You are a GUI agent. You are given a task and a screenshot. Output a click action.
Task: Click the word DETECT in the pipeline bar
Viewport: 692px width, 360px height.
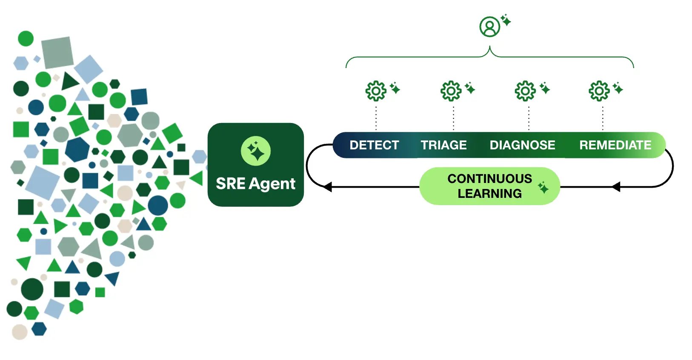374,145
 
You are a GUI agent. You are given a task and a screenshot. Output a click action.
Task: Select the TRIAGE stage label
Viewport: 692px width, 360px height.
443,145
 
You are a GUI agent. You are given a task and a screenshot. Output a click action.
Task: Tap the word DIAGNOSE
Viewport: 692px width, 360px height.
522,145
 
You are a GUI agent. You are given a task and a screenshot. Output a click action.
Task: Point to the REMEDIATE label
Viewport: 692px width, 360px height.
615,145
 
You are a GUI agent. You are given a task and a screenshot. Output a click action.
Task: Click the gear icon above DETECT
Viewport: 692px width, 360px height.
376,91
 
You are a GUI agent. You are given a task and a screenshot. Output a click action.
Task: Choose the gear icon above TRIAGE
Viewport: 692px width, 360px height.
451,91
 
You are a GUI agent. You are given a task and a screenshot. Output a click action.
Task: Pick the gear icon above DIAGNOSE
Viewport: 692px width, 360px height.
525,91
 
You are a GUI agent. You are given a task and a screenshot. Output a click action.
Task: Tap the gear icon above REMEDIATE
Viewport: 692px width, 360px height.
599,91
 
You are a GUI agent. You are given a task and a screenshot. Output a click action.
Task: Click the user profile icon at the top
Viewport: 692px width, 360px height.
490,27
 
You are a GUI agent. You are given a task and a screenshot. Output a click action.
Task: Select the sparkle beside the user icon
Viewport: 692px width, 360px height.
506,20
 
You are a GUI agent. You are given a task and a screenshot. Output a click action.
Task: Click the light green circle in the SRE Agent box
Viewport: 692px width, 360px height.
255,151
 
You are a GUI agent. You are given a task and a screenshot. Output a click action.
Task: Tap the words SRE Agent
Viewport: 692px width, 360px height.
255,184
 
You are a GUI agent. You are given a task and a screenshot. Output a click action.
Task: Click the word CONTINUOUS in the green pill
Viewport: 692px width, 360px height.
489,179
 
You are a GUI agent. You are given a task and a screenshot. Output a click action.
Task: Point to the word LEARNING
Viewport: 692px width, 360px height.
489,194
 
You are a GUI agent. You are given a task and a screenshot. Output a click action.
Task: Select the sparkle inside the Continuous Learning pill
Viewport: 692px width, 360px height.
543,187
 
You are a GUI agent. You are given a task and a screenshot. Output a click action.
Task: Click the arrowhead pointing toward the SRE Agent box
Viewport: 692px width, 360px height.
327,187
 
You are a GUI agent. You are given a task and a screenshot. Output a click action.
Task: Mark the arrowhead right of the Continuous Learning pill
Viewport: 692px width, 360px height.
616,187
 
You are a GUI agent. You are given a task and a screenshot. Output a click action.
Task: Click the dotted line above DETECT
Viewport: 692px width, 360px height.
376,118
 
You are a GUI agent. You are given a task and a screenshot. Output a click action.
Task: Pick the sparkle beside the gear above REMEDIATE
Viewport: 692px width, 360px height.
618,89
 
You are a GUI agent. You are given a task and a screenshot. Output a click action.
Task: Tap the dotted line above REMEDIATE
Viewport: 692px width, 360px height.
603,118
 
